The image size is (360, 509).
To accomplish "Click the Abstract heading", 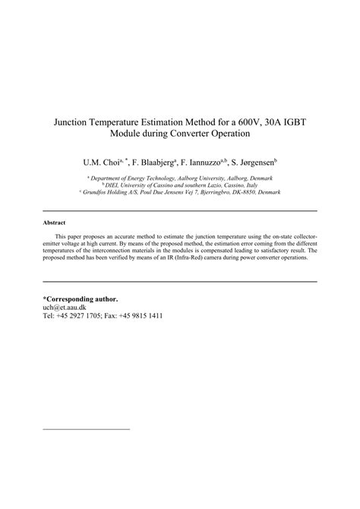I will (x=55, y=223).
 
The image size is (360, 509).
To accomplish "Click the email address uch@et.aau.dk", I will (x=65, y=308).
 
